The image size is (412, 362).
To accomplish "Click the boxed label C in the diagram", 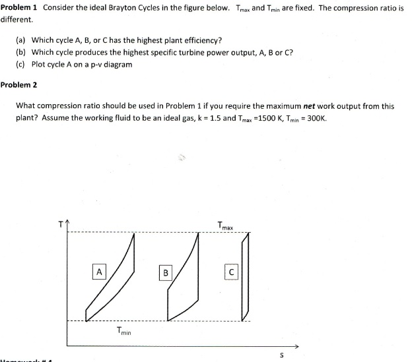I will pos(231,272).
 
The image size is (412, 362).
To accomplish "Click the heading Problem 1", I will pos(19,7).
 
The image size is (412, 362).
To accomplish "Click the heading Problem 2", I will pos(19,84).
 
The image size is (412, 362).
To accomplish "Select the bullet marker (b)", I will pos(21,52).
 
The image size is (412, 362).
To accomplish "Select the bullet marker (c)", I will pos(21,64).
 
